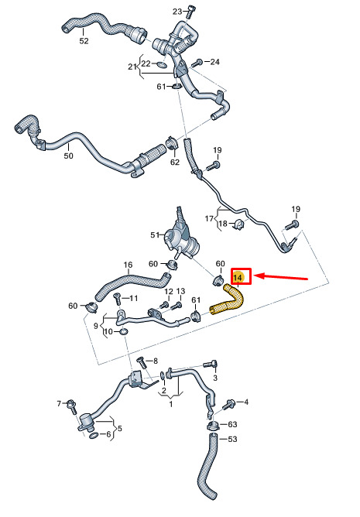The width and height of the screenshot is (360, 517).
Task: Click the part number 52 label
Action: (x=84, y=41)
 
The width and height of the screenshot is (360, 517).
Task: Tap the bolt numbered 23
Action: (x=190, y=12)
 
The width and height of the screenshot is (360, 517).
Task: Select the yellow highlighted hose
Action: (x=229, y=300)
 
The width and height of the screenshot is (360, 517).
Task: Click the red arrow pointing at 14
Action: (x=282, y=277)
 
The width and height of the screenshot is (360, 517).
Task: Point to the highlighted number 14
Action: (x=238, y=277)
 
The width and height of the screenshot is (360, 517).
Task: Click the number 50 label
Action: (x=69, y=156)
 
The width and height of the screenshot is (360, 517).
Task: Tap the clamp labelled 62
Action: (x=172, y=144)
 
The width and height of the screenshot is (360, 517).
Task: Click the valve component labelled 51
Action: (x=181, y=237)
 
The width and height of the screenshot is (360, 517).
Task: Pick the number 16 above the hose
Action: (x=128, y=265)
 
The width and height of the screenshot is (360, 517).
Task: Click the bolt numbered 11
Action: (x=117, y=299)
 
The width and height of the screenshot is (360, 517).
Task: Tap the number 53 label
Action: (x=232, y=439)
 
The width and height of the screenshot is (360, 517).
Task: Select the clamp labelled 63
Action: (x=213, y=425)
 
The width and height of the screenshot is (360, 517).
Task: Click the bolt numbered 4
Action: (x=228, y=404)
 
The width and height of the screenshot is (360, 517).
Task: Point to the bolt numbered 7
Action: (x=71, y=407)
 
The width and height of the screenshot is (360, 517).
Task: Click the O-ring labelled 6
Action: (x=94, y=436)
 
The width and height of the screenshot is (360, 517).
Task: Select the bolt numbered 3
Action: (x=210, y=365)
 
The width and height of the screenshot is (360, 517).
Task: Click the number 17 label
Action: (x=209, y=218)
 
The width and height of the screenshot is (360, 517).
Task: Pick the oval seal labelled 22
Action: (x=160, y=63)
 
